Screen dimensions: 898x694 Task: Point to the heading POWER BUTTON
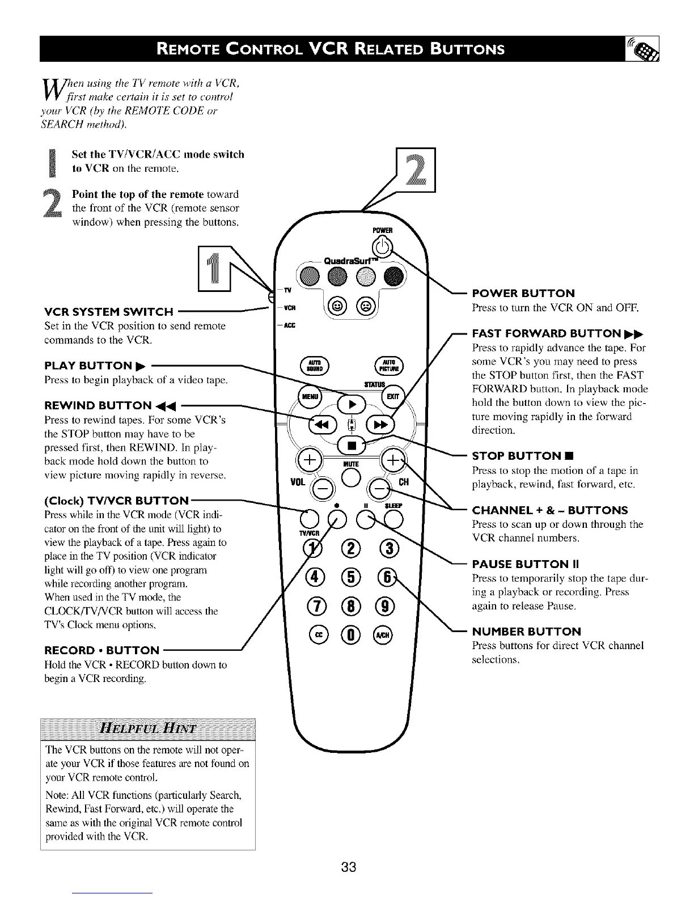[523, 293]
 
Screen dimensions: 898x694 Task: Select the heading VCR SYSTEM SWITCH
[108, 312]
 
